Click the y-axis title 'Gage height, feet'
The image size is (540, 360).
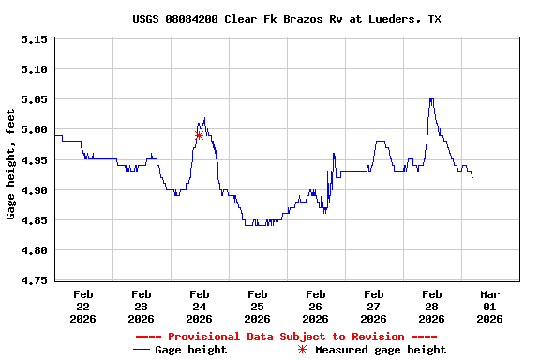pos(10,164)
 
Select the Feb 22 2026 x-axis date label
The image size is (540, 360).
pos(82,306)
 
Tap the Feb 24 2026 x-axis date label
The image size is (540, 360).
pos(199,306)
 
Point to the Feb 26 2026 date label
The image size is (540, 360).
pos(315,306)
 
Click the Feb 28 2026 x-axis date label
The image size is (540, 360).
pos(431,306)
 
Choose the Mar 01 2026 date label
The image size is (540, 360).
pos(489,306)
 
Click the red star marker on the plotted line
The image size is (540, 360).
pos(199,135)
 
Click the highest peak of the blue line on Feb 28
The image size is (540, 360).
pos(431,99)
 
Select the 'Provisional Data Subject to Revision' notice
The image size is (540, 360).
pos(286,337)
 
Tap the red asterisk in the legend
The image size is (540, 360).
pos(302,350)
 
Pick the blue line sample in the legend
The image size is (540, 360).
pos(142,350)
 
